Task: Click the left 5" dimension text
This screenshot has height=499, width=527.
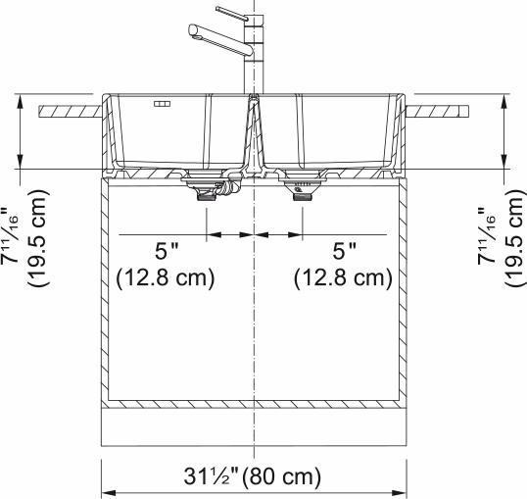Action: click(164, 253)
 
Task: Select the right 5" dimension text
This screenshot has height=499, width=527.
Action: click(344, 253)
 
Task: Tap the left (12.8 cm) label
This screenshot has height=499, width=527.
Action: click(165, 278)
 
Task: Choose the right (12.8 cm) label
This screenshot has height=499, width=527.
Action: click(344, 278)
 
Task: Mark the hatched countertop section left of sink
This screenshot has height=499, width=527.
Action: click(69, 111)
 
